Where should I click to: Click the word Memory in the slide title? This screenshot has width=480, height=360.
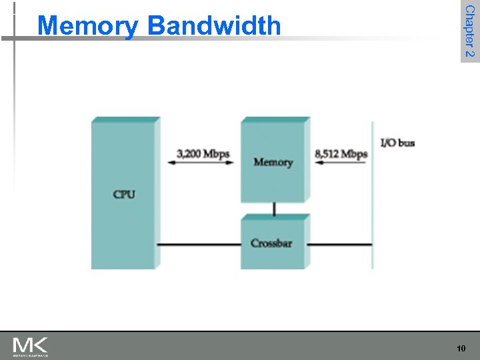88,27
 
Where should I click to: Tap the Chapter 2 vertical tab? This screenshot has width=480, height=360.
469,31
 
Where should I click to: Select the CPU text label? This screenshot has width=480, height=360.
124,195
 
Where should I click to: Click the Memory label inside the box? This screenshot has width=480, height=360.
273,162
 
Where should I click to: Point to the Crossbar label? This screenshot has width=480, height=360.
271,243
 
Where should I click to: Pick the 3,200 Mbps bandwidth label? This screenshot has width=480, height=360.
203,154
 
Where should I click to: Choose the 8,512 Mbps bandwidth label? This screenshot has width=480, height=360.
341,154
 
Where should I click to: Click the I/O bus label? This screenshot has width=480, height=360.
397,143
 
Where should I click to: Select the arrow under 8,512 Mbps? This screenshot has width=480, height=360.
340,164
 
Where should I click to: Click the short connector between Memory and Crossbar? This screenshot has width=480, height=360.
274,209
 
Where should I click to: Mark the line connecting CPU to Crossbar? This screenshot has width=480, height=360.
199,245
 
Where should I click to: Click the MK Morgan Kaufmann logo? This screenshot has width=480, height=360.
31,347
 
